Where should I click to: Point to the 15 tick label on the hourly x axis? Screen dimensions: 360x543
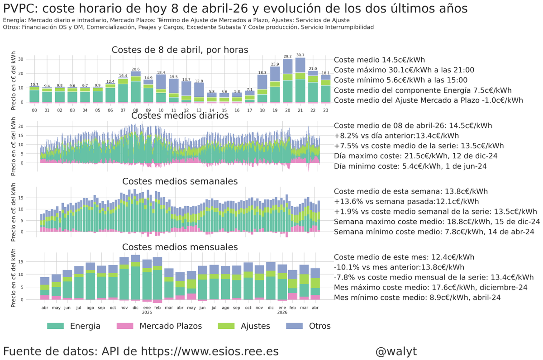(224, 110)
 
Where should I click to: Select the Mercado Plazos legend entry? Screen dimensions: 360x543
(159, 326)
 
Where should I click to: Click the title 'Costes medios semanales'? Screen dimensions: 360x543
(180, 181)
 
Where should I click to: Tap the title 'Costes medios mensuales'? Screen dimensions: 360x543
(180, 247)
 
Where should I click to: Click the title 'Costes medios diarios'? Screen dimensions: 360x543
(180, 116)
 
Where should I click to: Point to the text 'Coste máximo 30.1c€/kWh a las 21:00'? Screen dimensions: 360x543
(404, 70)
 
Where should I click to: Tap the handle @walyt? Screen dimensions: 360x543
(396, 351)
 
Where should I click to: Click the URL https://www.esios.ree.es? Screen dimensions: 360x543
(210, 351)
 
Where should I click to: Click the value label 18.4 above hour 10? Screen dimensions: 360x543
(161, 72)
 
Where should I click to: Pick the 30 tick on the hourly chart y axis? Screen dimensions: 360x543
(21, 59)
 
